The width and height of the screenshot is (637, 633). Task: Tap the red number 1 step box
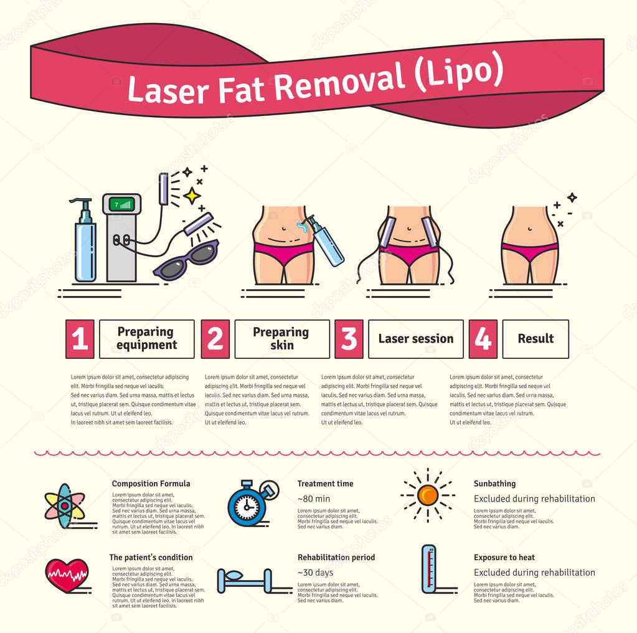tap(79, 339)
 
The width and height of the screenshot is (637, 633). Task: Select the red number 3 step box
tap(349, 339)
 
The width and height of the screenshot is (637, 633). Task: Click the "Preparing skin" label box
tap(282, 339)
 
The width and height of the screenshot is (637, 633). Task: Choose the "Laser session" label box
tap(415, 339)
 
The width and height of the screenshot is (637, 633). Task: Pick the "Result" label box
tap(535, 339)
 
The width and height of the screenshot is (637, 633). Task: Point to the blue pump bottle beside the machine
tap(85, 243)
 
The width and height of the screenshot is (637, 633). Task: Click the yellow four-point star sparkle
tap(192, 196)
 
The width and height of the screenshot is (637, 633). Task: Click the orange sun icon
tap(428, 495)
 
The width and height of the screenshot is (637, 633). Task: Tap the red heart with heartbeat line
tap(67, 574)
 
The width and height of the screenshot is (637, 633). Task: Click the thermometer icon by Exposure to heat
tap(428, 569)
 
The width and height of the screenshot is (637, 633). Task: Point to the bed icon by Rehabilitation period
tap(245, 581)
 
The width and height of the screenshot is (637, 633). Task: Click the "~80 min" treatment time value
tap(314, 499)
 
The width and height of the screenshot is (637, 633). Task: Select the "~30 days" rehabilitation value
tap(315, 573)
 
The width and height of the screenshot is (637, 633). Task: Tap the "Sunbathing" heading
tap(494, 483)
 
